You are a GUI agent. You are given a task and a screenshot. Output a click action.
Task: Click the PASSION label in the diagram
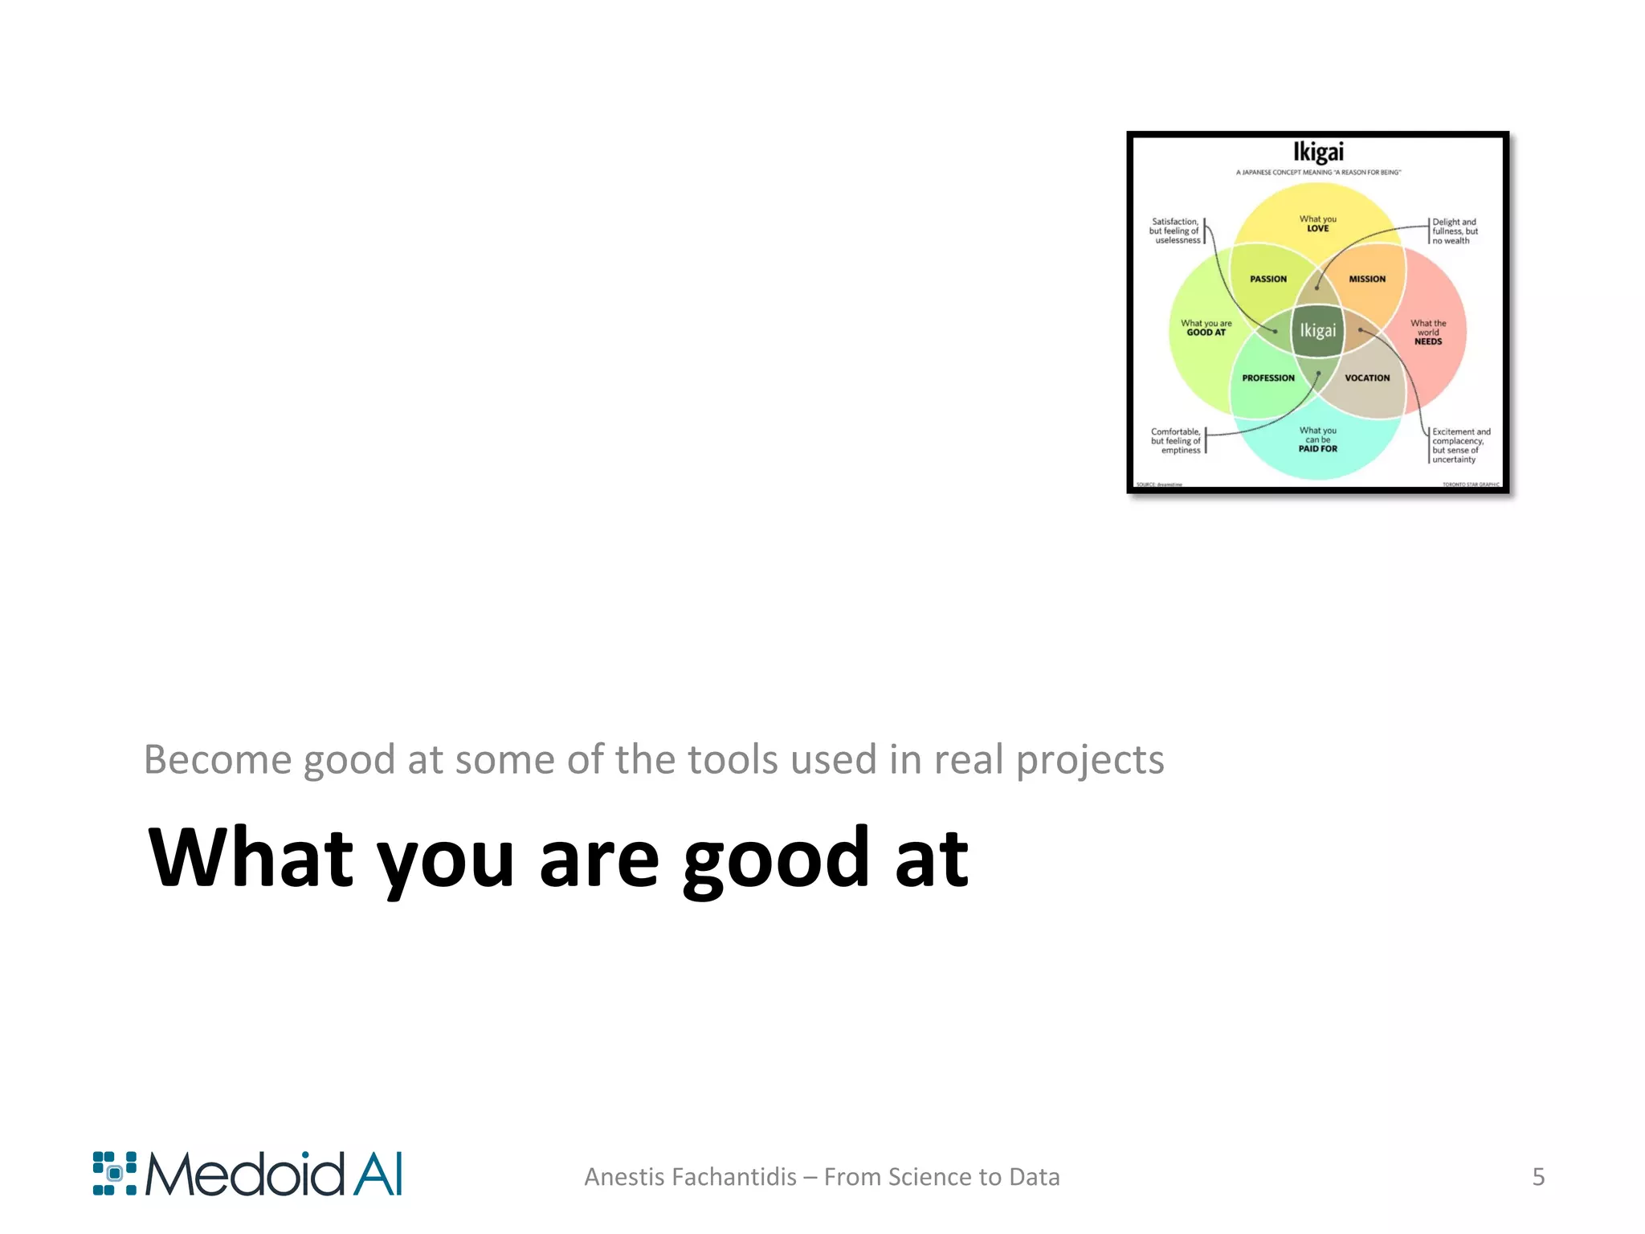tap(1268, 279)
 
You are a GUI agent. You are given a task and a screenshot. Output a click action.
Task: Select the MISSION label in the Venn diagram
tap(1367, 279)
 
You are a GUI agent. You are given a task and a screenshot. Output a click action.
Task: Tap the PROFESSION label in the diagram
tap(1268, 378)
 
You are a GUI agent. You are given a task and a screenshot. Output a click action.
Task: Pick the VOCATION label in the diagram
tap(1367, 378)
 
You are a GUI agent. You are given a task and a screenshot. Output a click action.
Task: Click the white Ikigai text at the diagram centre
tap(1318, 330)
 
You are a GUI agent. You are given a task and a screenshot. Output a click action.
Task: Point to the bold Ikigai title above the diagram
tap(1318, 152)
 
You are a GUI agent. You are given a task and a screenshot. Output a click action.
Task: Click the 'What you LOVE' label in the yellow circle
tap(1318, 223)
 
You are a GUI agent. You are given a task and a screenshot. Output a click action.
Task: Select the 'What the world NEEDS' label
tap(1428, 333)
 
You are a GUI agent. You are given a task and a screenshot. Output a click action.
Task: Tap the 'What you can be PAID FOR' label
tap(1318, 440)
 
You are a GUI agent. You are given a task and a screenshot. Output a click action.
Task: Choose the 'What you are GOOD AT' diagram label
tap(1206, 328)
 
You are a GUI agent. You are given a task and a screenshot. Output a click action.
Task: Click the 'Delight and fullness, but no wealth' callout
tap(1455, 231)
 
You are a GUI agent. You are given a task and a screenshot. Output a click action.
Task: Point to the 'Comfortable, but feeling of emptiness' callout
tap(1176, 441)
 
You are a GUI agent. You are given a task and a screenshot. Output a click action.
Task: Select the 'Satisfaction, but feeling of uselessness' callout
tap(1175, 231)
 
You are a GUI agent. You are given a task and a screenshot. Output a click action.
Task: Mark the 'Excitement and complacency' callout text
tap(1460, 445)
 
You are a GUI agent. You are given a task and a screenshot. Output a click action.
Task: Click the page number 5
tap(1538, 1177)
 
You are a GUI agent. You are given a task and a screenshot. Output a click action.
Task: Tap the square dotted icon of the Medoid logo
tap(114, 1174)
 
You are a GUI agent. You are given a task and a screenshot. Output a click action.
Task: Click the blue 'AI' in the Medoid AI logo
tap(377, 1174)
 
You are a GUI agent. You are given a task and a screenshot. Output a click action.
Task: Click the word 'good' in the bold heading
tap(776, 860)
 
